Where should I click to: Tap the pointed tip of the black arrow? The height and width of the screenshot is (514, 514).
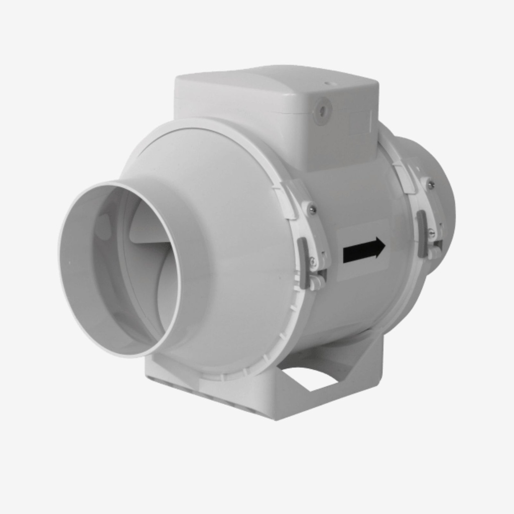(x=384, y=246)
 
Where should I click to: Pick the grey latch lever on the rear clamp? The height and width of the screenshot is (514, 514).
(x=422, y=233)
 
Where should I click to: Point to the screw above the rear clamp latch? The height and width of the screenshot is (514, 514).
(x=430, y=185)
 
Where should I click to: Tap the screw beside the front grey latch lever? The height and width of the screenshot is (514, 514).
(x=313, y=261)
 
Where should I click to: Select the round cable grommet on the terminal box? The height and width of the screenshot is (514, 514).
(x=322, y=110)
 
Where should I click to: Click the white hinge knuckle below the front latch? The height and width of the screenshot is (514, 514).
(x=317, y=282)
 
